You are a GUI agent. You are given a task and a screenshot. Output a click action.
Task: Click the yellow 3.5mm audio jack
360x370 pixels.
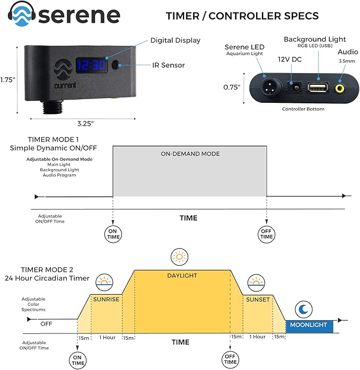tap(337, 86)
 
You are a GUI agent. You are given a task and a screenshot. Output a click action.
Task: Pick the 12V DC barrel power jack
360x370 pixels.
tap(291, 86)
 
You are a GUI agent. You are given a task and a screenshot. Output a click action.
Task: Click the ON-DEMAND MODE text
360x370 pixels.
tap(189, 154)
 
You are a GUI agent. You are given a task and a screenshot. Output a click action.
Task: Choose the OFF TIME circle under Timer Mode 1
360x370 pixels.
tap(266, 234)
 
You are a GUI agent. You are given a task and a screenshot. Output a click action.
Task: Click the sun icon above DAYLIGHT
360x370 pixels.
tap(180, 258)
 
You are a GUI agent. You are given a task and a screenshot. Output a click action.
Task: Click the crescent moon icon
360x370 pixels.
tap(304, 309)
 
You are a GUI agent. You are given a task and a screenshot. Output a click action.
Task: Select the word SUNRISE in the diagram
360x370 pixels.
tap(106, 299)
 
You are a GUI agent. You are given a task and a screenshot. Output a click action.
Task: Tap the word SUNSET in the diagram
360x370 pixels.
tap(258, 299)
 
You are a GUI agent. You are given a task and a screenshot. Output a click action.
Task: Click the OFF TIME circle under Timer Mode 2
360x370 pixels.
tap(230, 359)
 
